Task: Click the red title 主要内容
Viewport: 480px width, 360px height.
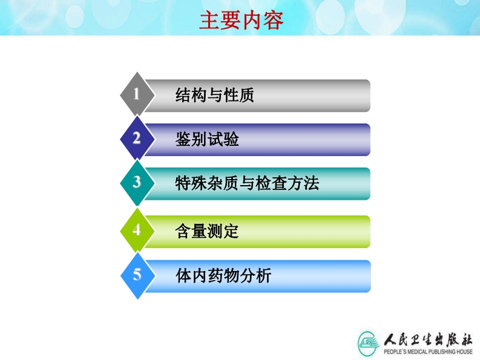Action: [x=242, y=21]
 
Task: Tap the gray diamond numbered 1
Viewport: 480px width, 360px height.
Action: [x=137, y=94]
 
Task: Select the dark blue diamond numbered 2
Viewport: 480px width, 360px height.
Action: [x=137, y=138]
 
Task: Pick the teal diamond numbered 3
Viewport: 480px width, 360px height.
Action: [x=137, y=183]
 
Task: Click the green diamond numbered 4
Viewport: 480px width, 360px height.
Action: [x=137, y=230]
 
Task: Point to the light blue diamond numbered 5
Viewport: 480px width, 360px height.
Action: [x=138, y=275]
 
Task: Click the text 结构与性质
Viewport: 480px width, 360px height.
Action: [x=215, y=95]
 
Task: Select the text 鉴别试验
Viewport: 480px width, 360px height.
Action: [x=207, y=139]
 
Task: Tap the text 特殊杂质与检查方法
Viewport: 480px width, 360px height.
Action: [x=247, y=183]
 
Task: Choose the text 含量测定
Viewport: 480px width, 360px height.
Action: [x=206, y=231]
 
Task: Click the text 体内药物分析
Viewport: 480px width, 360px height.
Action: [x=223, y=275]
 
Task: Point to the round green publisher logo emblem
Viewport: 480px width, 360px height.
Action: [x=368, y=343]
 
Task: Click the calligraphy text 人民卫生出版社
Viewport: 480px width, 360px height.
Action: [x=428, y=339]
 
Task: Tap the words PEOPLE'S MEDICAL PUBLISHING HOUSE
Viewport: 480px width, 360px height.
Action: [x=428, y=352]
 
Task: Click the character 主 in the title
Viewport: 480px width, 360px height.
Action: [x=209, y=21]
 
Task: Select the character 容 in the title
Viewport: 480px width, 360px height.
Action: [x=273, y=21]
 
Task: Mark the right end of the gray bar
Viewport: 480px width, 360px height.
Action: [x=370, y=96]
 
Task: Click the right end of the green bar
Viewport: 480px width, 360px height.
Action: [x=370, y=232]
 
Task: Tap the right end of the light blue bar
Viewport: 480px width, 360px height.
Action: [x=370, y=276]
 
